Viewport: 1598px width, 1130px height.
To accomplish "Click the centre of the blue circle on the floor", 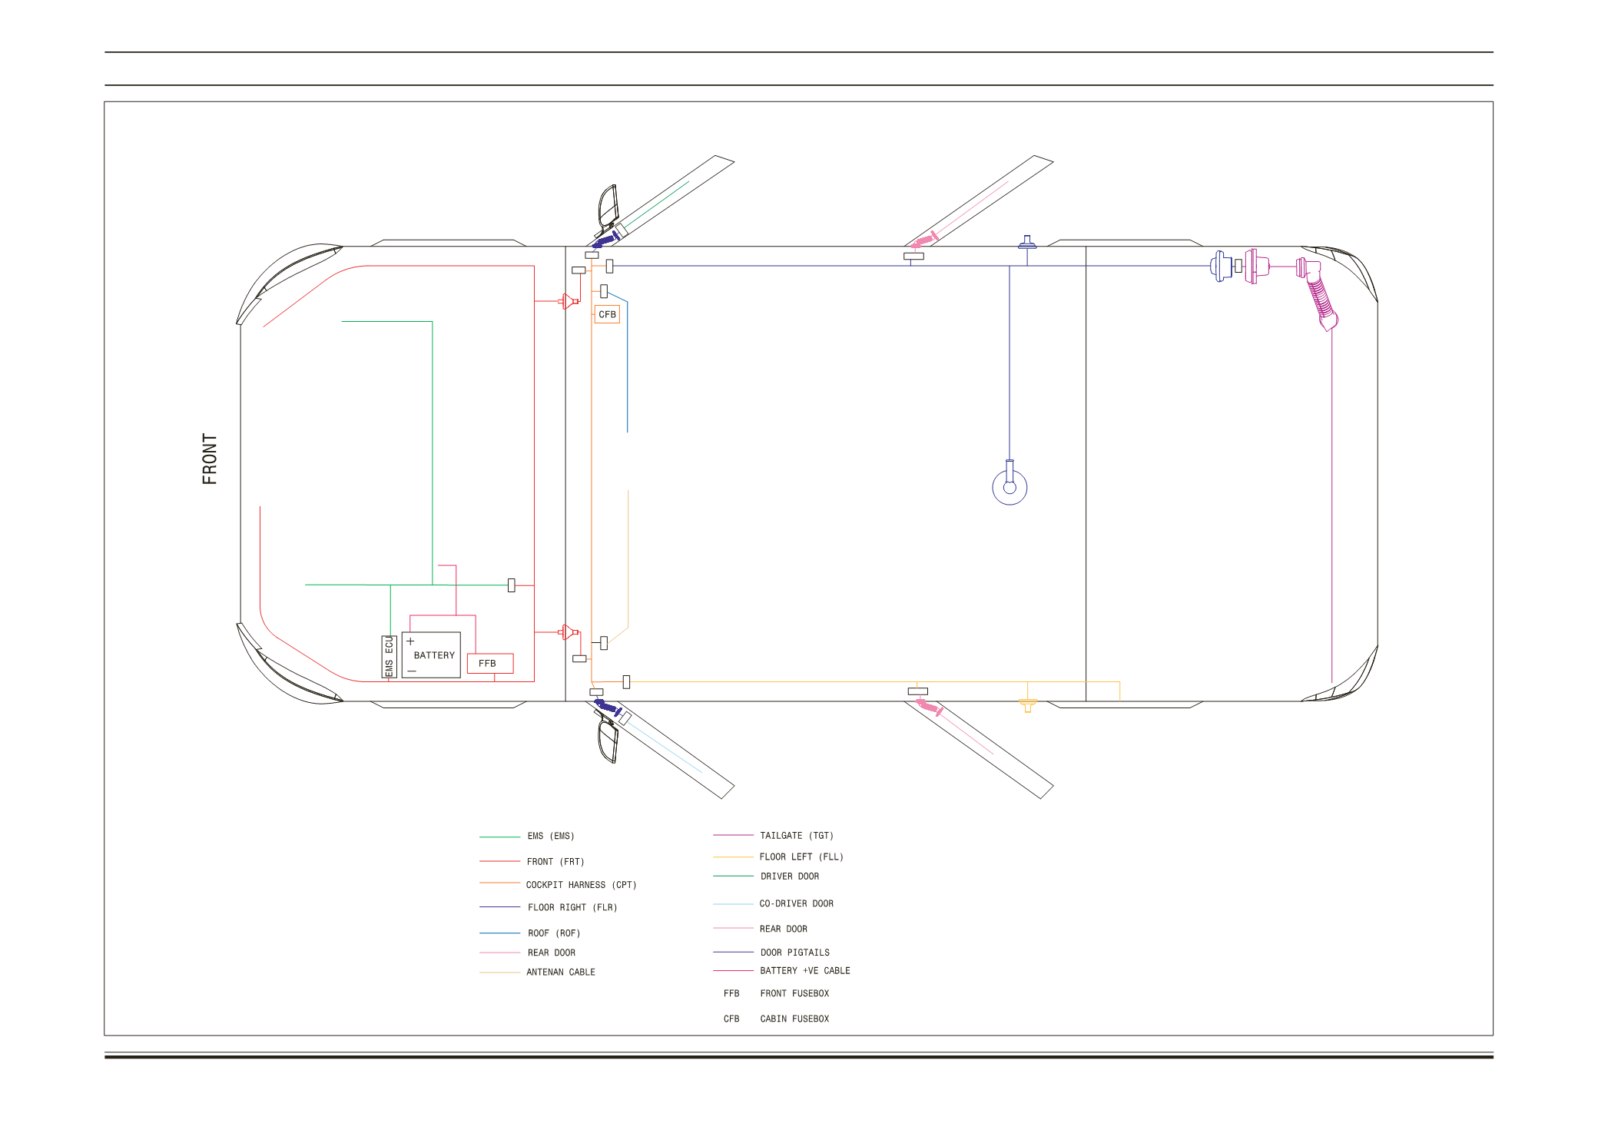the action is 1010,487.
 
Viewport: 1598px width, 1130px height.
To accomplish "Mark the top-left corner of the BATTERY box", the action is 402,632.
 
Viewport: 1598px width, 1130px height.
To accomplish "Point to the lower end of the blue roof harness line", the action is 628,432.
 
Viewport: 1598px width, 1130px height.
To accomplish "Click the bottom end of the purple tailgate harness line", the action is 1331,682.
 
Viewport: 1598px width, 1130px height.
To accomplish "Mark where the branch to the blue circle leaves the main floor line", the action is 1010,266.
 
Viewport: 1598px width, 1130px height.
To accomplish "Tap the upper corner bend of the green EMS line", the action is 433,321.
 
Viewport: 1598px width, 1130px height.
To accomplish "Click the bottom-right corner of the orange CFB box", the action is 620,323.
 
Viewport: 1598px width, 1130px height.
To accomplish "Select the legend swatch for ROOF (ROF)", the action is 499,933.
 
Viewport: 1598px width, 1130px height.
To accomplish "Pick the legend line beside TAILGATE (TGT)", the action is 733,835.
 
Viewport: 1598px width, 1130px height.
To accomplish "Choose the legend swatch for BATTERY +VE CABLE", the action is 733,970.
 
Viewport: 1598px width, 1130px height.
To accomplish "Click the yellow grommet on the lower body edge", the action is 1027,704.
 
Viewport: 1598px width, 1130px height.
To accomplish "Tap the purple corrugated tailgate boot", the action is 1321,297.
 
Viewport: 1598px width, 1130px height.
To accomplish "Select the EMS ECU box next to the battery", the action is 389,657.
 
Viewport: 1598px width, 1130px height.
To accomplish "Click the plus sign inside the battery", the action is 410,641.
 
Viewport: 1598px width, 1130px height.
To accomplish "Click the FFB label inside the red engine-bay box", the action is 487,664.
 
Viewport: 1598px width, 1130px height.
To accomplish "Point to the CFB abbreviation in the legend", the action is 731,1019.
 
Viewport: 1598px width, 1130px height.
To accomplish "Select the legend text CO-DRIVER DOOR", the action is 797,903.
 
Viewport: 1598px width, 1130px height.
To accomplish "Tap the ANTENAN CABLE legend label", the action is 561,972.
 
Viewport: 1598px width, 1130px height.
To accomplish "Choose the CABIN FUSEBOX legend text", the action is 795,1019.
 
